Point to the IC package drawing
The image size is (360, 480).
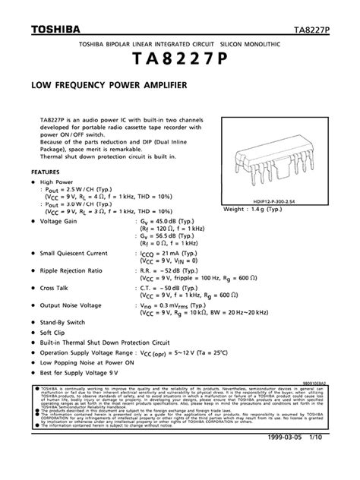coord(276,159)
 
